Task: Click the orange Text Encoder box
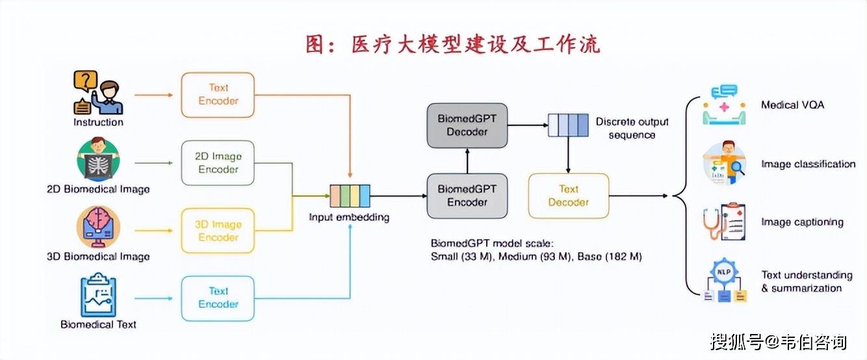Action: pyautogui.click(x=218, y=95)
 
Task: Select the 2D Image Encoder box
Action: pyautogui.click(x=218, y=163)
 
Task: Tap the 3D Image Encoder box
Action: pyautogui.click(x=218, y=231)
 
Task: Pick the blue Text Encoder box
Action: pyautogui.click(x=218, y=298)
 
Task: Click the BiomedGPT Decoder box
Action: pyautogui.click(x=467, y=125)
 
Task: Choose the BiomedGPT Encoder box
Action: pyautogui.click(x=467, y=196)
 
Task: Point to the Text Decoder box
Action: pyautogui.click(x=568, y=196)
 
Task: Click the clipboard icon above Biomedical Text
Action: pyautogui.click(x=98, y=296)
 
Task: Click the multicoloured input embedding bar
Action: pyautogui.click(x=350, y=196)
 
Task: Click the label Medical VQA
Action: pyautogui.click(x=792, y=105)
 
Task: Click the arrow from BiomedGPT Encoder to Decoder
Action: pyautogui.click(x=467, y=161)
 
